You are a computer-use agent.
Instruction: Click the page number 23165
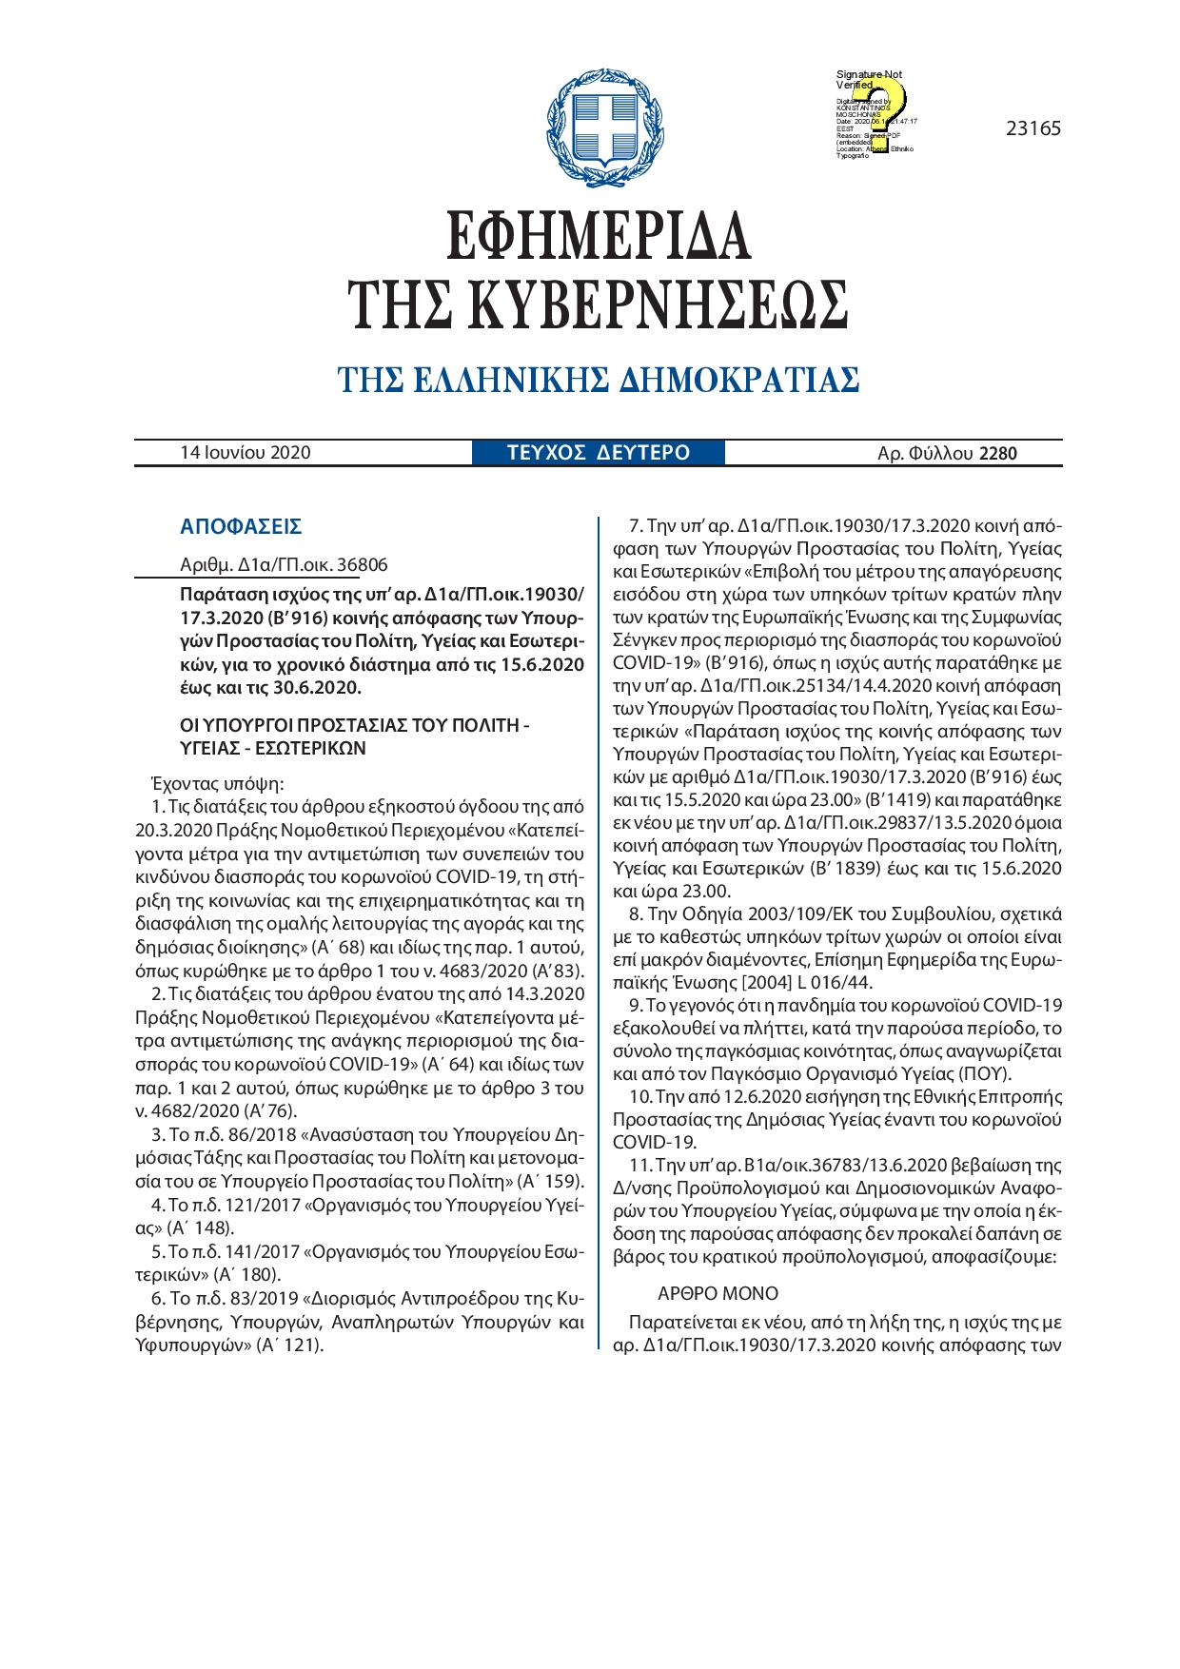pos(1032,128)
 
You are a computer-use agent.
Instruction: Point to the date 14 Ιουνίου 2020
pos(246,453)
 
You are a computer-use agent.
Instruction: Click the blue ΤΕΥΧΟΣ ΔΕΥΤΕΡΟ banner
pos(599,453)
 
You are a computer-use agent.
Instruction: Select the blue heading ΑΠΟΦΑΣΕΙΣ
pos(241,526)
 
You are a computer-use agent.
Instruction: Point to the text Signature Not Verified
pos(868,79)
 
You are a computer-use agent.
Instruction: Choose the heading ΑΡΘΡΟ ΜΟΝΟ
pos(718,1294)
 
